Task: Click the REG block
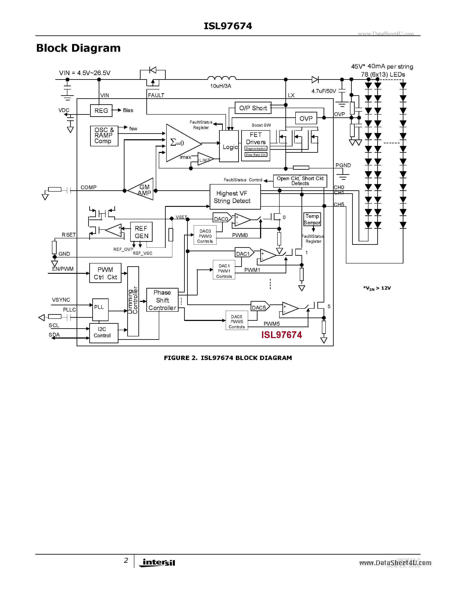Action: pyautogui.click(x=101, y=110)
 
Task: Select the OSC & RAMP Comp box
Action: pyautogui.click(x=104, y=136)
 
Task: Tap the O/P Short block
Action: pyautogui.click(x=253, y=108)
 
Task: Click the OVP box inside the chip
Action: pyautogui.click(x=306, y=118)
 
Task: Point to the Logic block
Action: pyautogui.click(x=229, y=147)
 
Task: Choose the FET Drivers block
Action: pyautogui.click(x=256, y=145)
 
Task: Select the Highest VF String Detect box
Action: pyautogui.click(x=235, y=197)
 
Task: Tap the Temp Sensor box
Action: pyautogui.click(x=312, y=219)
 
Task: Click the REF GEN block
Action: pyautogui.click(x=141, y=232)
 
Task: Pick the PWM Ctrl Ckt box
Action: pyautogui.click(x=105, y=273)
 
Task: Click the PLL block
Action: pyautogui.click(x=100, y=309)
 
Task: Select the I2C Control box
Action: pyautogui.click(x=103, y=333)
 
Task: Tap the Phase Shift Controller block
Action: pyautogui.click(x=162, y=300)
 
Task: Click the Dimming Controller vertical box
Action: pyautogui.click(x=133, y=301)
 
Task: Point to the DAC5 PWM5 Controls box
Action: pyautogui.click(x=237, y=321)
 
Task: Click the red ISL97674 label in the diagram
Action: pyautogui.click(x=282, y=335)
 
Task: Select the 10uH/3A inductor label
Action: pyautogui.click(x=220, y=86)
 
